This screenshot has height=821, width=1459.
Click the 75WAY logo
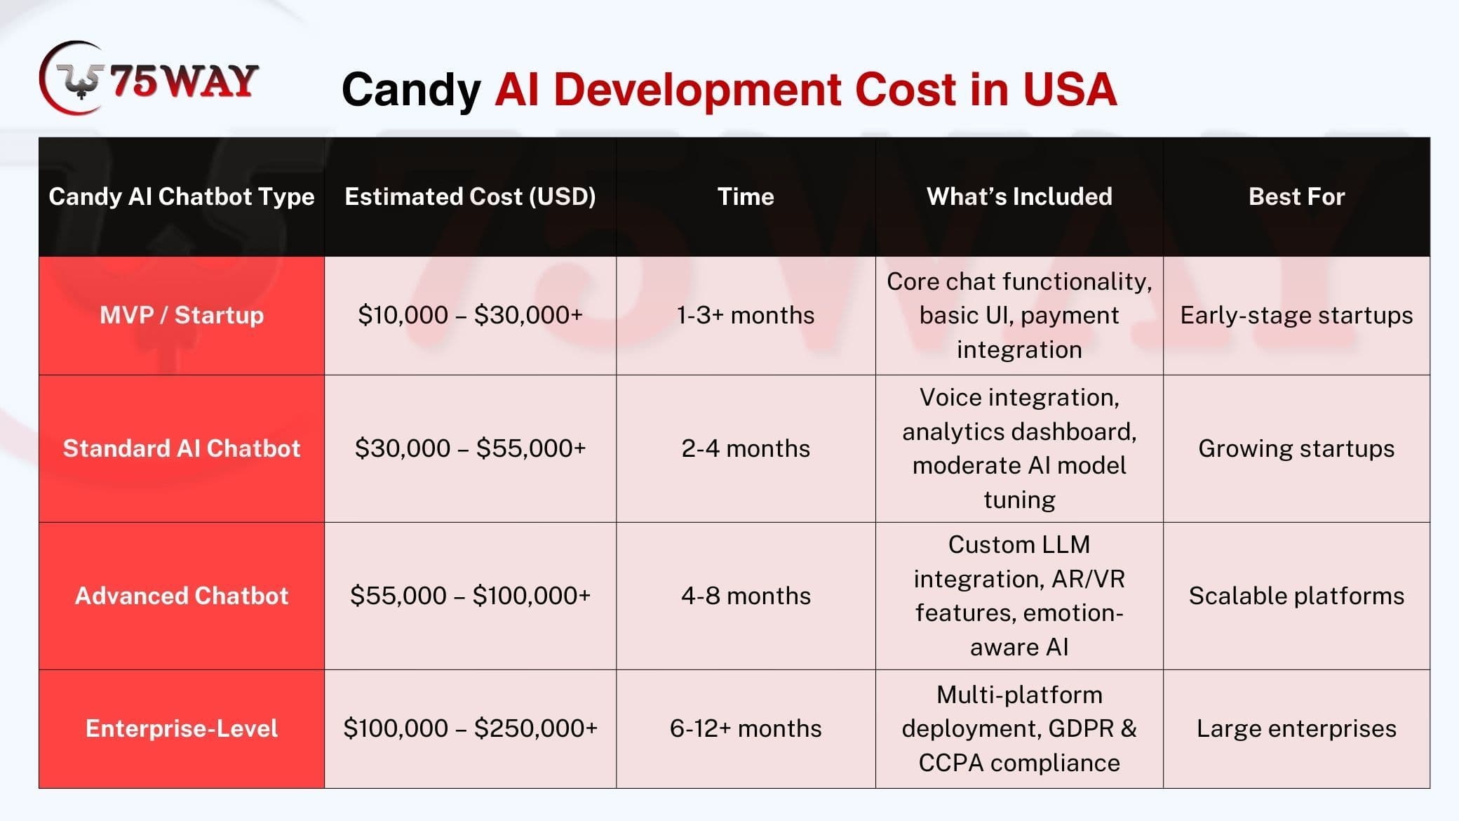(x=149, y=78)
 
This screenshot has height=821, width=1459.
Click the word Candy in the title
(x=411, y=90)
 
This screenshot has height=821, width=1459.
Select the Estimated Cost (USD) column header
(x=470, y=196)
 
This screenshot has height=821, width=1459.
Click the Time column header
(x=746, y=196)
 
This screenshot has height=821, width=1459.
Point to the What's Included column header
(x=1019, y=196)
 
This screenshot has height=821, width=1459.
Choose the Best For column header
(x=1296, y=196)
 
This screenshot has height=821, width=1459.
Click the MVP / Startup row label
(x=182, y=315)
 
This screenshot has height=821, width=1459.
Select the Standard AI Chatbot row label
(x=182, y=448)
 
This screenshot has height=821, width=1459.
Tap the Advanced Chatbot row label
(x=182, y=596)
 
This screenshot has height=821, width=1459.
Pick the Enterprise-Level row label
(x=182, y=728)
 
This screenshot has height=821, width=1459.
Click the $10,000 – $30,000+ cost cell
(x=470, y=315)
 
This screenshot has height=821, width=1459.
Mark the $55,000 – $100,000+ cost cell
(x=470, y=596)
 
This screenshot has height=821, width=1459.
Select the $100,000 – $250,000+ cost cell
(x=470, y=728)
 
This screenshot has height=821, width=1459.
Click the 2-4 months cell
(x=746, y=448)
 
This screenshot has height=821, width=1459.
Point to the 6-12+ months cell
(x=746, y=728)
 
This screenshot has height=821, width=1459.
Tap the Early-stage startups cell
(x=1296, y=315)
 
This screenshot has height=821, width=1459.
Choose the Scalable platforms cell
(x=1296, y=596)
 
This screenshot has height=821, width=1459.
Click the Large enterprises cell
(x=1296, y=728)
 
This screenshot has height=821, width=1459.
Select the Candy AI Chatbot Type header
(x=182, y=196)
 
